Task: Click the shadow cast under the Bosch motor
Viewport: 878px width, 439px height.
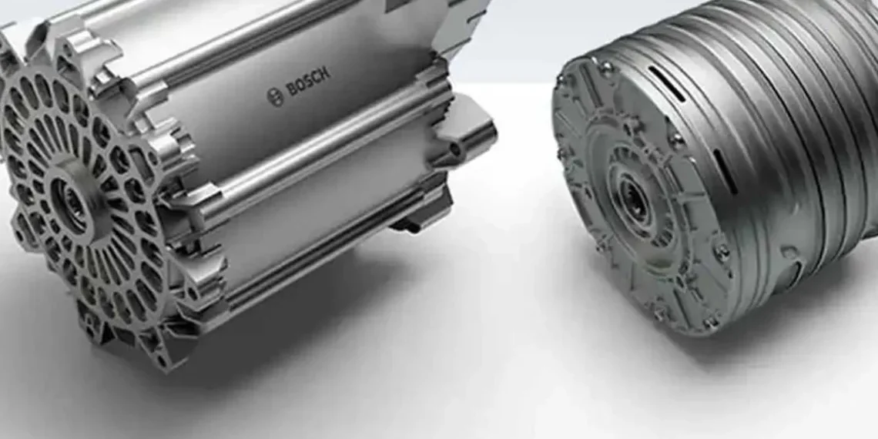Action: click(x=308, y=331)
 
